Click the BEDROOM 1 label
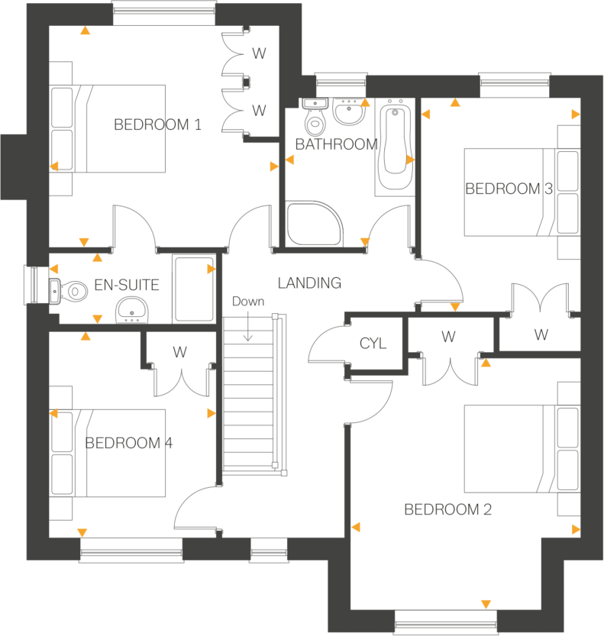click(x=157, y=125)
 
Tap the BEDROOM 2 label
click(x=447, y=510)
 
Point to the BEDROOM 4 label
click(x=129, y=443)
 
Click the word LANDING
click(x=308, y=283)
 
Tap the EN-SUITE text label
click(x=127, y=286)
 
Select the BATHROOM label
click(x=336, y=144)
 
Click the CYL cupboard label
click(x=373, y=344)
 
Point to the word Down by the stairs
click(x=249, y=302)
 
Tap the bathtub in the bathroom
click(x=396, y=145)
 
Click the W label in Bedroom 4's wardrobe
click(x=179, y=352)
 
